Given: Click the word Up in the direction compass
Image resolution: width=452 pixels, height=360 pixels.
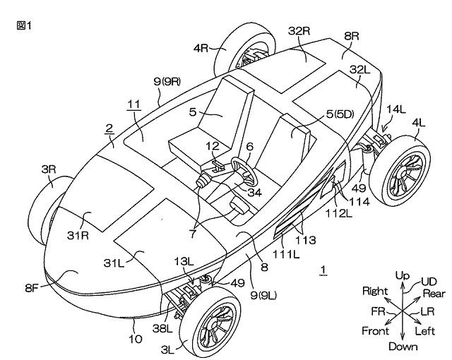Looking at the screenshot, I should point(403,275).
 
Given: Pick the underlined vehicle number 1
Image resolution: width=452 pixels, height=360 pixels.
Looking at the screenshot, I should point(323,269).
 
